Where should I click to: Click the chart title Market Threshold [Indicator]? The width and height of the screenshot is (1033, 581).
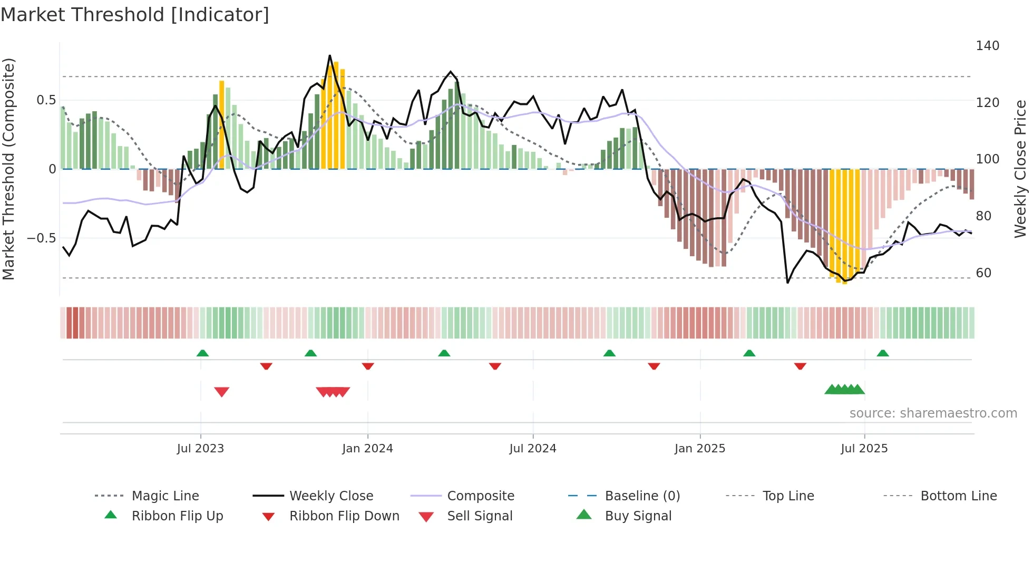(x=135, y=15)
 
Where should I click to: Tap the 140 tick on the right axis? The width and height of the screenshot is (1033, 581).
(x=987, y=46)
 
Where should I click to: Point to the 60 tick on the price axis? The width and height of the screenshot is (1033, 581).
(x=983, y=273)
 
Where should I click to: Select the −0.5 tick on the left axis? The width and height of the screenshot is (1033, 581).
(x=42, y=238)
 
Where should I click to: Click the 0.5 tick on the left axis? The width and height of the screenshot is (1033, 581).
(x=46, y=100)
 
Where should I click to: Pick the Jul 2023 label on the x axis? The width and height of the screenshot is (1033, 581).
(x=200, y=449)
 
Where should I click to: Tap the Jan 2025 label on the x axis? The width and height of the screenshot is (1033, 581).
(x=699, y=449)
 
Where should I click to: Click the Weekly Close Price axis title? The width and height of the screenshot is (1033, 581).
(x=1020, y=169)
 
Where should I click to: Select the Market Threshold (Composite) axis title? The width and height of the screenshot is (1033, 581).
(x=8, y=169)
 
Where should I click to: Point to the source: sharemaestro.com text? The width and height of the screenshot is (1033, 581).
(x=933, y=413)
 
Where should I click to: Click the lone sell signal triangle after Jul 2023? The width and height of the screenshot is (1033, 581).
(x=222, y=392)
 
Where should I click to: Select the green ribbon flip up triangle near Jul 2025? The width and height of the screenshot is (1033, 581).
(x=883, y=353)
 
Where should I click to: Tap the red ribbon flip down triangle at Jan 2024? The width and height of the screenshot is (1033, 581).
(x=368, y=366)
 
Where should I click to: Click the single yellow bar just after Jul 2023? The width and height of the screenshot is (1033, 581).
(x=222, y=124)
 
